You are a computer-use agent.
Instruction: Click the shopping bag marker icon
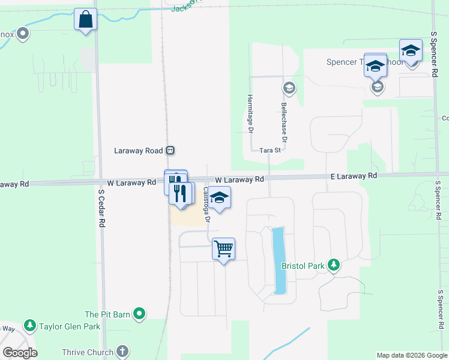(85, 19)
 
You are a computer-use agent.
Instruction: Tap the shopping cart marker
(223, 248)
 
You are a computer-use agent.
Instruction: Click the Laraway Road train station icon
(171, 150)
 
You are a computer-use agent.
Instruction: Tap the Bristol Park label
(303, 265)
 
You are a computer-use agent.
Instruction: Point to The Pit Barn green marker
(140, 313)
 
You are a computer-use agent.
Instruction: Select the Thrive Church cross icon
(122, 352)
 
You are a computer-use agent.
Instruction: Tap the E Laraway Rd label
(354, 176)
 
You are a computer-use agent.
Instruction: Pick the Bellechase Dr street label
(284, 122)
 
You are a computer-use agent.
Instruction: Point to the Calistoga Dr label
(206, 205)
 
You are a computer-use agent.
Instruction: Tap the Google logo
(20, 352)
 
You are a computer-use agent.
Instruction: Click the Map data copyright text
(411, 355)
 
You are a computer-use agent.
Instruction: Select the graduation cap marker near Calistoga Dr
(220, 198)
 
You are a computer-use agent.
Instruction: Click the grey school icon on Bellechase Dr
(289, 88)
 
